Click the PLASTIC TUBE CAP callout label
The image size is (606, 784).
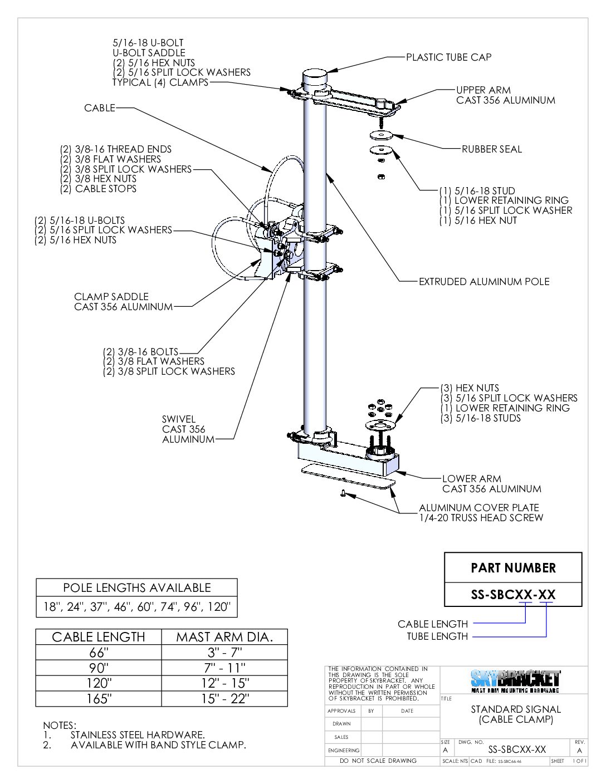(x=448, y=57)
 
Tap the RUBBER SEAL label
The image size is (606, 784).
(x=491, y=149)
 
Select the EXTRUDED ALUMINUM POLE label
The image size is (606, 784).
(x=483, y=282)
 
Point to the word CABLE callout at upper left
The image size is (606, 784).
(x=99, y=108)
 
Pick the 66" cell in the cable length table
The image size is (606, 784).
(x=98, y=653)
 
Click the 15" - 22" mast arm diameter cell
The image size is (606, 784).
(x=224, y=698)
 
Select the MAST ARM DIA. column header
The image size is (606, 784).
(x=224, y=637)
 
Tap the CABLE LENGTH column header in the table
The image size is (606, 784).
(x=98, y=637)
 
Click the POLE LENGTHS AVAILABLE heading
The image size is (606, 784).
(x=136, y=588)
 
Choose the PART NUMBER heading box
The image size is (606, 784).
(x=513, y=568)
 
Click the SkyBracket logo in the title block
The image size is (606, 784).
(x=515, y=680)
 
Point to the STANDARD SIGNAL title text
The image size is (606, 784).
(x=515, y=709)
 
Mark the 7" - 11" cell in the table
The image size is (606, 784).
(x=224, y=668)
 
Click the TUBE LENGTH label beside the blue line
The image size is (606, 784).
(x=437, y=636)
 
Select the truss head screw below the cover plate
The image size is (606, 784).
(x=344, y=493)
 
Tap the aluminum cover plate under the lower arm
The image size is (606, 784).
(x=347, y=477)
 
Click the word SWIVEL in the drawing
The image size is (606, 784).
(x=178, y=419)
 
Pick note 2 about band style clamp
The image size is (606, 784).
(x=158, y=745)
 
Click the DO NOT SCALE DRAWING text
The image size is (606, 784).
(x=378, y=761)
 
